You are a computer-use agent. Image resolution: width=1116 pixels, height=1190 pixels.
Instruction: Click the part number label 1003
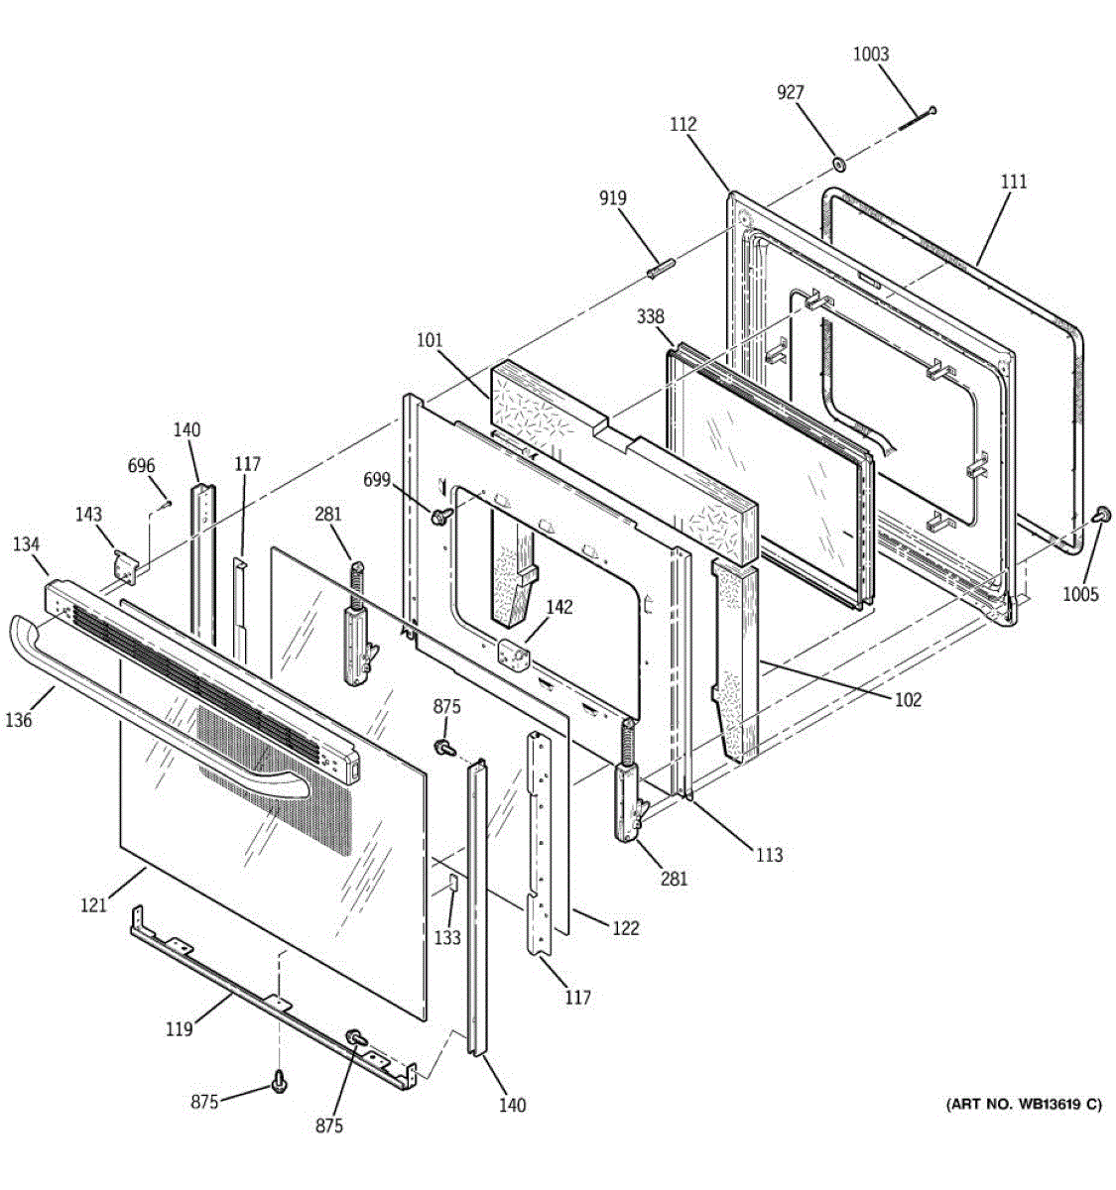coord(871,54)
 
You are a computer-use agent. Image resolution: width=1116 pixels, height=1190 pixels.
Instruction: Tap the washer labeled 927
coord(838,163)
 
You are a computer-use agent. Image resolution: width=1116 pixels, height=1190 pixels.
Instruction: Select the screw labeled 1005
coord(1100,514)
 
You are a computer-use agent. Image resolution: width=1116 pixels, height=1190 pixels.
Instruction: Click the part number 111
coord(1014,181)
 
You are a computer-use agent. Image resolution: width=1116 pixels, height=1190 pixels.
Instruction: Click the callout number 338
coord(650,316)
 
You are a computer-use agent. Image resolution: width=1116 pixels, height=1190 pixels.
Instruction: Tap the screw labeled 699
coord(440,516)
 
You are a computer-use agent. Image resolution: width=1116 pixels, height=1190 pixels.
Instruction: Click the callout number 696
coord(142,465)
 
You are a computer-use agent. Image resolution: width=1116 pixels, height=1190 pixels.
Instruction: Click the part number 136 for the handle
coord(19,720)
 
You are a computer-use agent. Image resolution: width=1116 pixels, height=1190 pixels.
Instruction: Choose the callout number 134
coord(26,544)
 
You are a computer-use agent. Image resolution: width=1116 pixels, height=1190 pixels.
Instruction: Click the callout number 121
coord(93,904)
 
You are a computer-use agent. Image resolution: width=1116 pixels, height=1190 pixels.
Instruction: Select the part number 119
coord(180,1029)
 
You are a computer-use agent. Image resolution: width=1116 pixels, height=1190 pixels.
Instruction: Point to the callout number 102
coord(909,700)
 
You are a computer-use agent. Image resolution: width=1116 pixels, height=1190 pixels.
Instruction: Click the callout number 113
coord(770,855)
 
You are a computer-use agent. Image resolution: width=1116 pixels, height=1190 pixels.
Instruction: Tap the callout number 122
coord(626,928)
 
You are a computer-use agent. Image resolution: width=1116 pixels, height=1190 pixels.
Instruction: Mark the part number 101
coord(430,340)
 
